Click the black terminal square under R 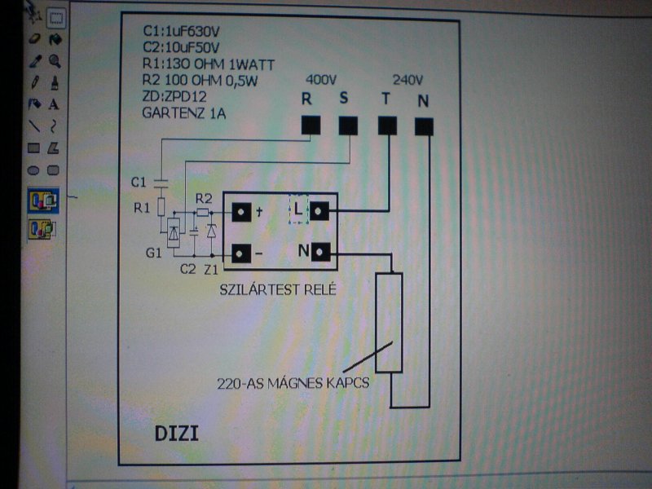pos(310,125)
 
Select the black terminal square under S pos(348,126)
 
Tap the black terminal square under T pos(387,126)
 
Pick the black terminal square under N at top pos(424,126)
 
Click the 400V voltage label pos(320,80)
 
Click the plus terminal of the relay pos(241,213)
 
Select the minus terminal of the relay pos(241,253)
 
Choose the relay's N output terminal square pos(319,253)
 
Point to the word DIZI pos(176,433)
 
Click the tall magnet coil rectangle pos(390,323)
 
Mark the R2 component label pos(204,198)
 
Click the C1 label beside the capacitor pos(138,180)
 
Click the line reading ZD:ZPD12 pos(170,96)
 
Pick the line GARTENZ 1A pos(183,112)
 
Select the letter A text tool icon pos(54,104)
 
